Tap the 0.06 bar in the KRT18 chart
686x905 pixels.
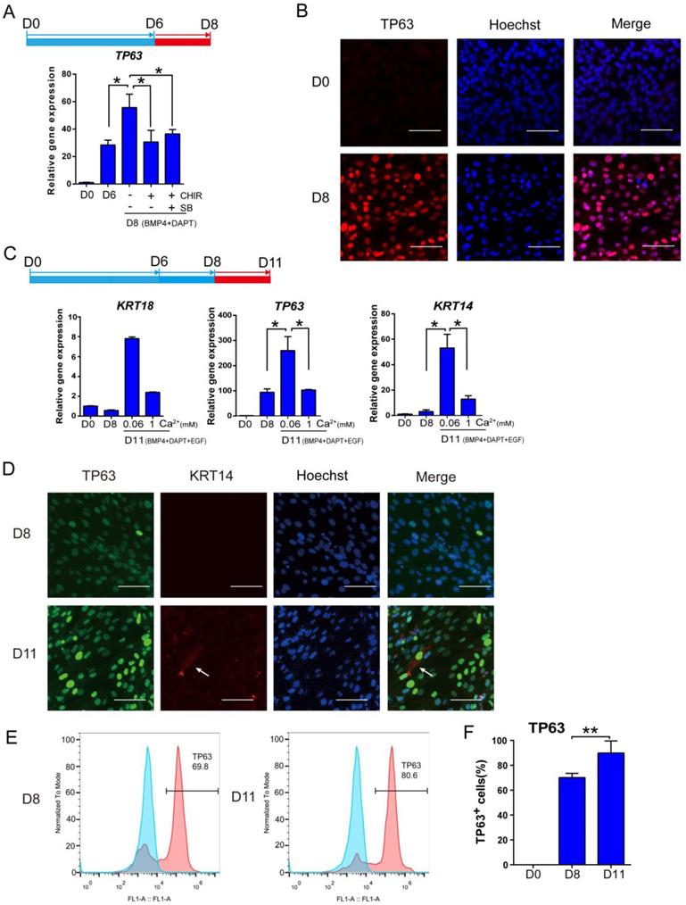click(132, 376)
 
